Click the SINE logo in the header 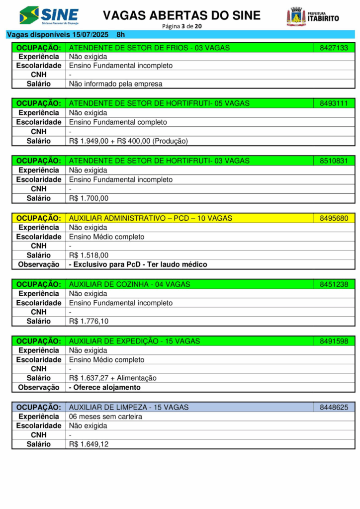[49, 15]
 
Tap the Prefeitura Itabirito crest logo [296, 16]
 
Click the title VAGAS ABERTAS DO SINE [181, 15]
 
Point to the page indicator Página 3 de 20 [181, 26]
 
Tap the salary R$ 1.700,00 [89, 198]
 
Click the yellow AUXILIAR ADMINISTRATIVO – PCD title [150, 218]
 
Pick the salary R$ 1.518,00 [89, 255]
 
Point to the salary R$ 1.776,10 [89, 321]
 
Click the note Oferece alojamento [105, 387]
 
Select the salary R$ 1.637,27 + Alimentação [112, 378]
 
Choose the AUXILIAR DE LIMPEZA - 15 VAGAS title [129, 407]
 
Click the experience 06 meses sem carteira [105, 417]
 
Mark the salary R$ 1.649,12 [89, 444]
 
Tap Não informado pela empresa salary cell [115, 84]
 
